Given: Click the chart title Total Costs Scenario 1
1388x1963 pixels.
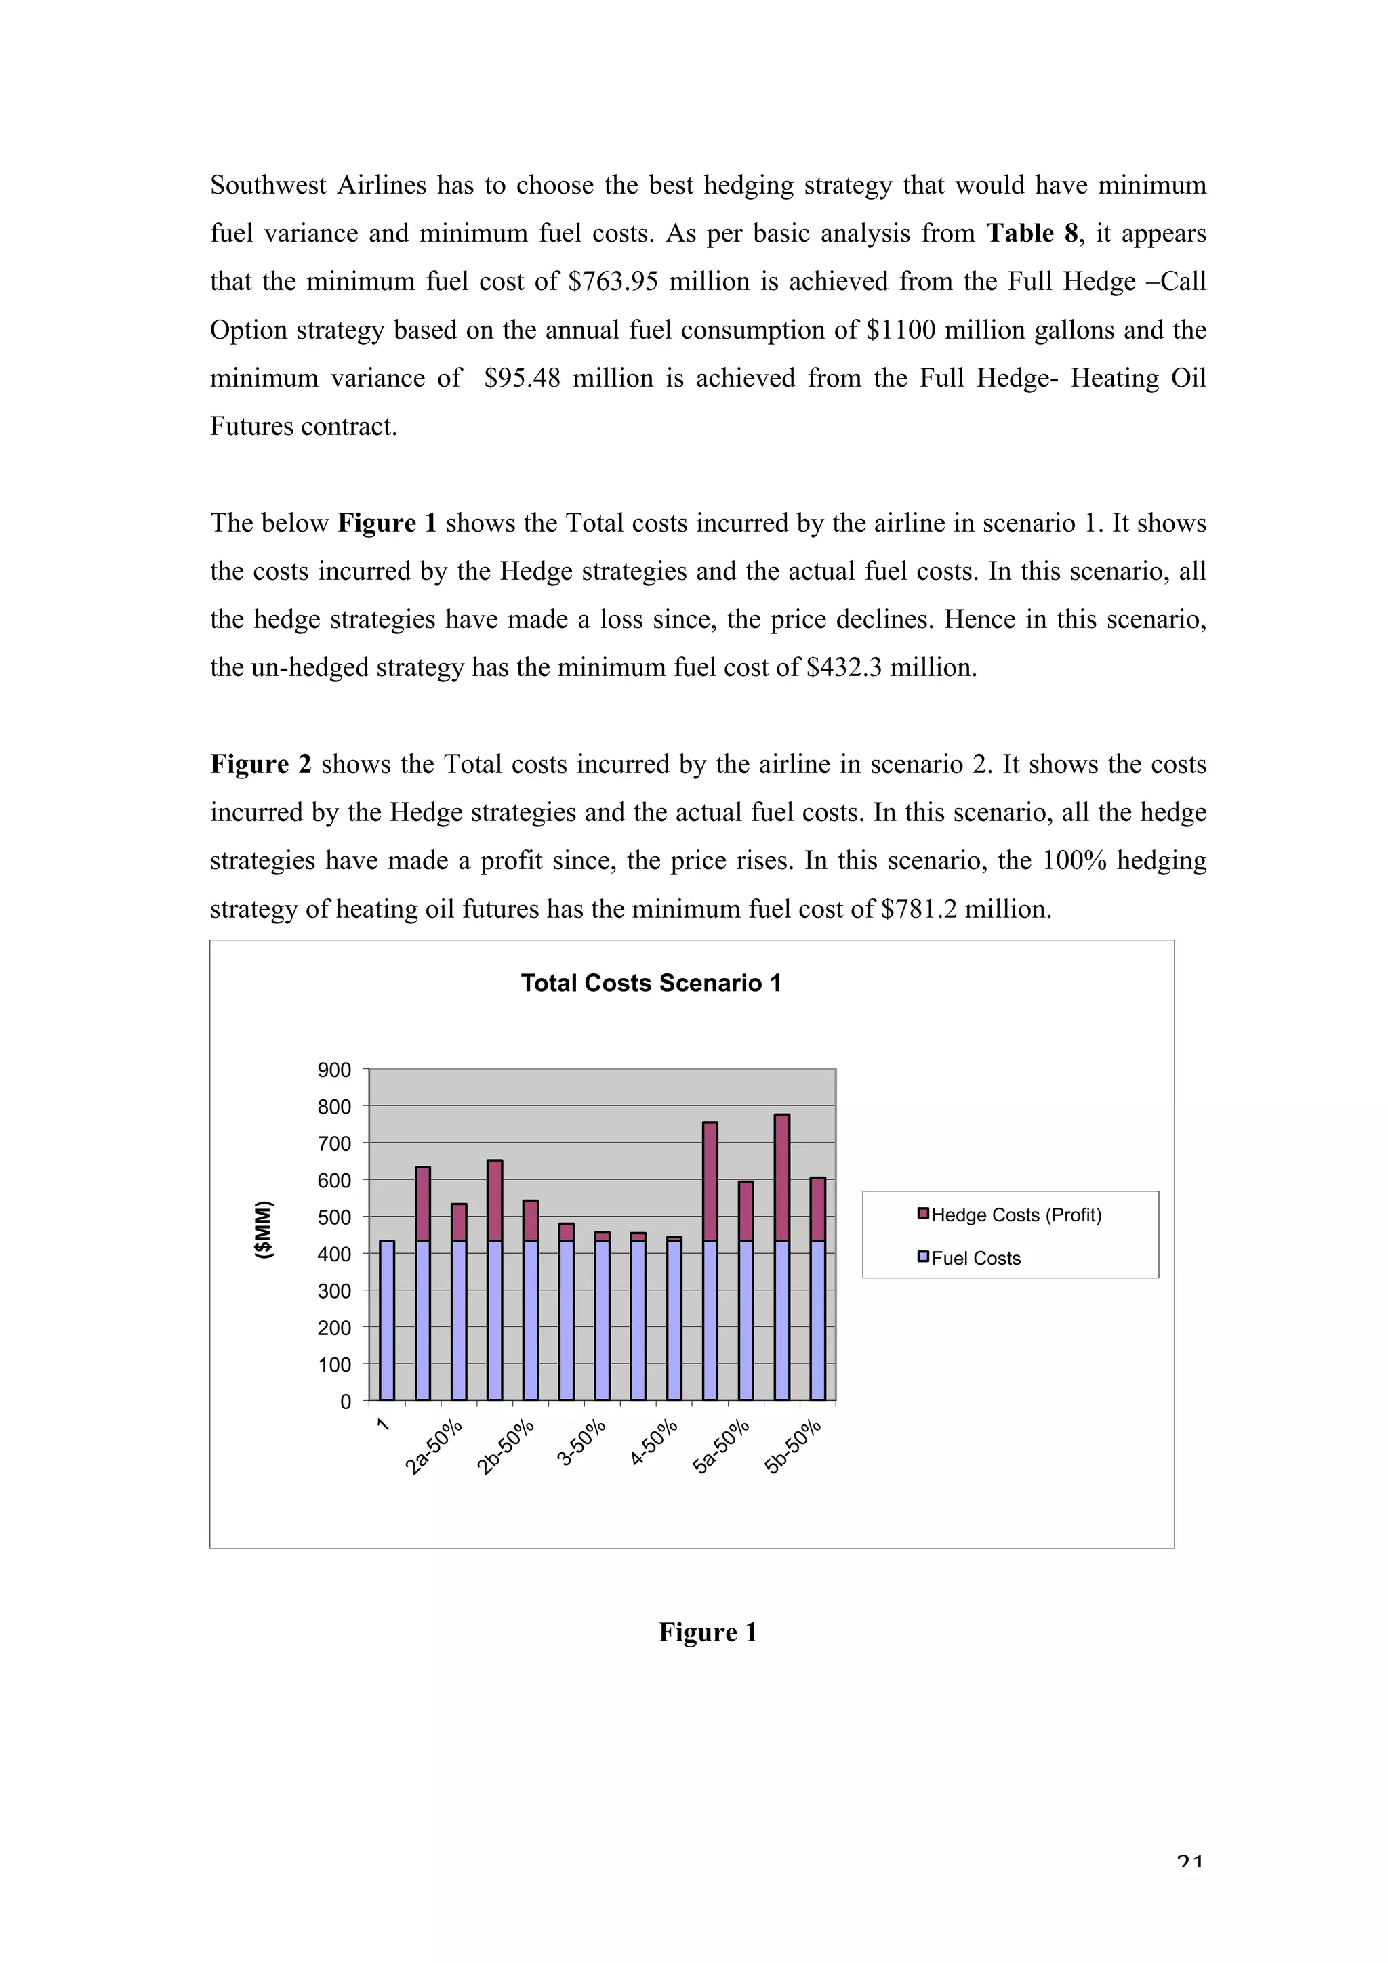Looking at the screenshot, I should (651, 984).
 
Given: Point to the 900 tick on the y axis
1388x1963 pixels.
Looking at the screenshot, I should (334, 1070).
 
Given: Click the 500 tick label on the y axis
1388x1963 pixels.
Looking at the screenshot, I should (334, 1217).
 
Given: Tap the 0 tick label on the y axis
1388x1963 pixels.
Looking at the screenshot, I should (346, 1402).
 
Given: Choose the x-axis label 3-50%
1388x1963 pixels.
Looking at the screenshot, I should (581, 1443).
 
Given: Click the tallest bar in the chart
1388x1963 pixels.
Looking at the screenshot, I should (781, 1257).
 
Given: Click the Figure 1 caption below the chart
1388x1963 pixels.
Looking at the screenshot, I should (708, 1632).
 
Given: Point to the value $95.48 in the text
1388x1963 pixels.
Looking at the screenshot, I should (522, 379).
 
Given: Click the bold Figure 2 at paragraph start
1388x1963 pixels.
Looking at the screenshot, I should (261, 764).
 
